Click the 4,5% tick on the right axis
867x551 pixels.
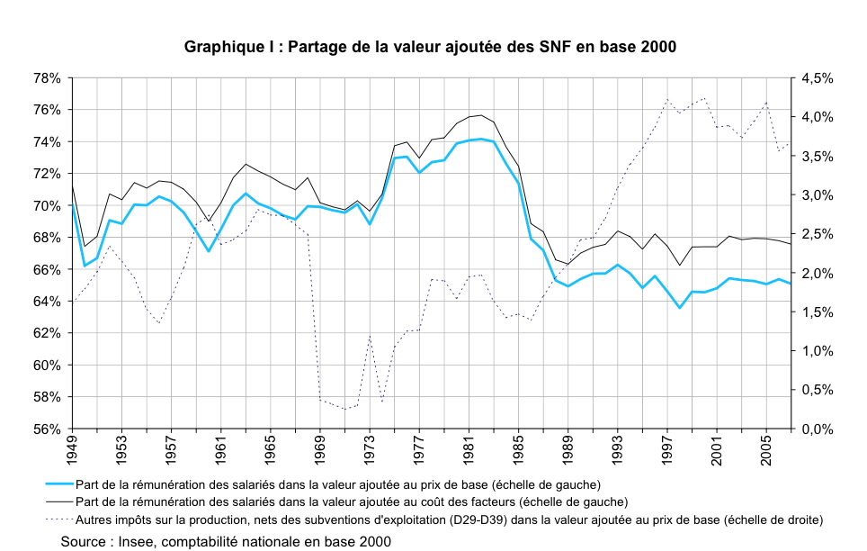point(817,78)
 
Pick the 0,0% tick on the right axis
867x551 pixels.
point(817,429)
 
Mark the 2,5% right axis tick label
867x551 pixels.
point(817,234)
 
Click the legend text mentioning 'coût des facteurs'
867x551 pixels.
point(352,501)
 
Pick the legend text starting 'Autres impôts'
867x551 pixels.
point(450,519)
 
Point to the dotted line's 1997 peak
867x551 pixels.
point(666,99)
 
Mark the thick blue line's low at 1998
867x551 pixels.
point(680,308)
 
